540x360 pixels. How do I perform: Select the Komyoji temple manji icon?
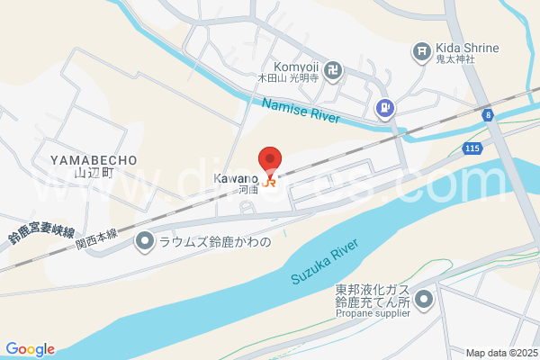333,68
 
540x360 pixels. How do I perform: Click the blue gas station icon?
384,108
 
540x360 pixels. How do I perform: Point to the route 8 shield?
487,114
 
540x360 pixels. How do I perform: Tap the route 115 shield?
473,147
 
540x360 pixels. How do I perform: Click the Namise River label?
299,113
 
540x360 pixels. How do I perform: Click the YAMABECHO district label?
94,159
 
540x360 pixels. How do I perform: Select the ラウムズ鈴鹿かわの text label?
214,241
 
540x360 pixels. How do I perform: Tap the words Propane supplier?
373,315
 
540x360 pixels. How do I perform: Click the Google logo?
29,349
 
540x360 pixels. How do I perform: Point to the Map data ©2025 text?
500,353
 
